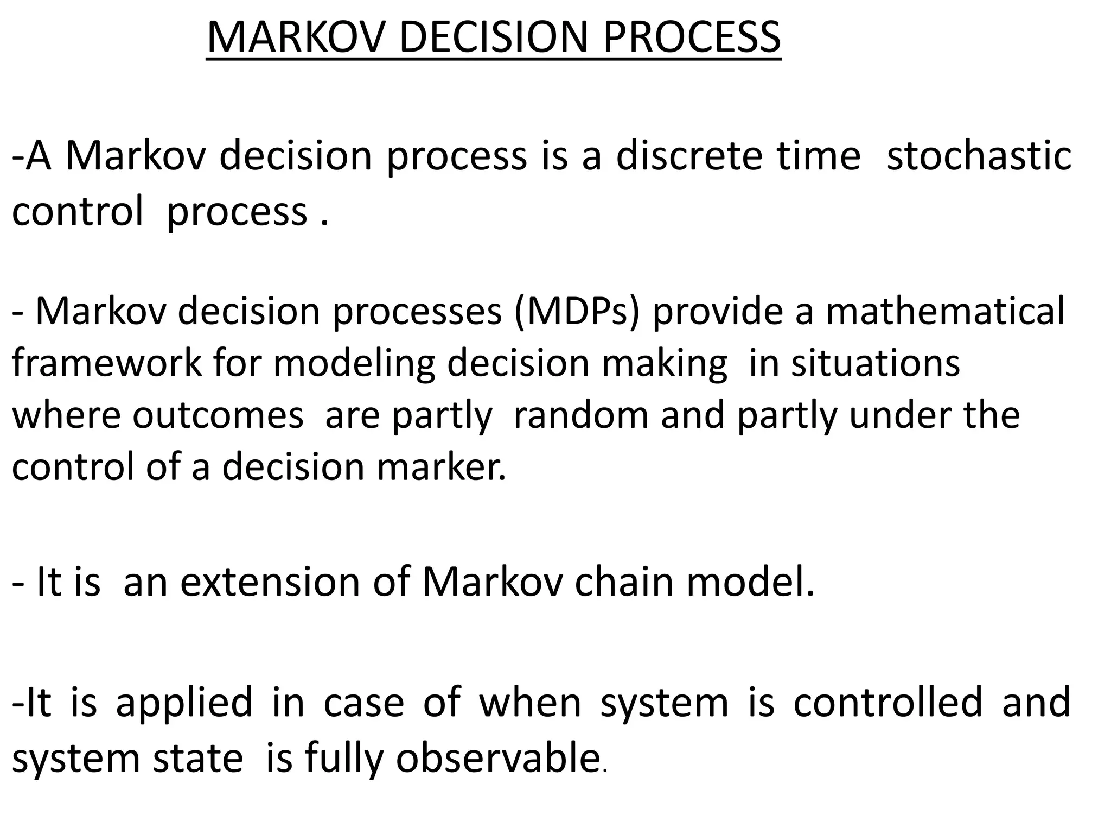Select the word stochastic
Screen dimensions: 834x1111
click(x=979, y=156)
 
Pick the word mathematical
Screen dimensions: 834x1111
click(x=946, y=312)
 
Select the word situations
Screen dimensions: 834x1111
click(x=876, y=363)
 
